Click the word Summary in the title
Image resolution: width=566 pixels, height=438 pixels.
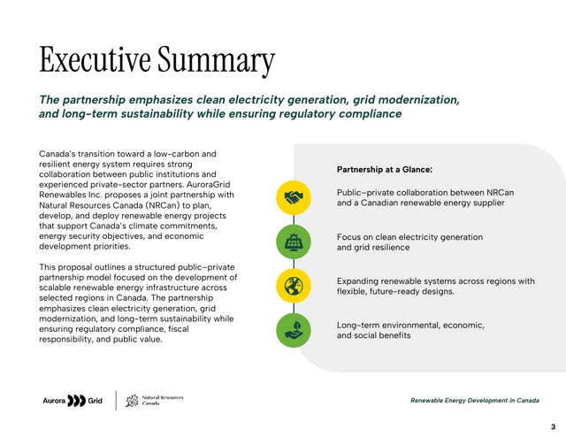(217, 59)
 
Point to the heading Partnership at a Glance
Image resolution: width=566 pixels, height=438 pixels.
(384, 169)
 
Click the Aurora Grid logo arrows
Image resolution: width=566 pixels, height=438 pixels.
(77, 401)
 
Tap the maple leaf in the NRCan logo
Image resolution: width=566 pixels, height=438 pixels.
(132, 402)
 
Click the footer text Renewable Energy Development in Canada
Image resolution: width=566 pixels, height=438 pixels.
(475, 401)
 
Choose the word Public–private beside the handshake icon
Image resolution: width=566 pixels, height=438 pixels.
(366, 193)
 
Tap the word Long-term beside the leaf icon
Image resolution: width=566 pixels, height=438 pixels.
(358, 326)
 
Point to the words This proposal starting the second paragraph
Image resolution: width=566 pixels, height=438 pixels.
(69, 267)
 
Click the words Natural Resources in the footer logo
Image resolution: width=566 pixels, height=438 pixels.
(163, 398)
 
